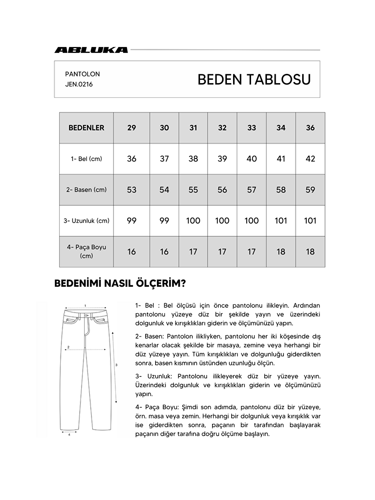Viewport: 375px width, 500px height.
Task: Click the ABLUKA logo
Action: coord(91,50)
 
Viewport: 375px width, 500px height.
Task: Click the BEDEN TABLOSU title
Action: coord(254,79)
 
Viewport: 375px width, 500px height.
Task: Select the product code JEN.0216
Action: coord(79,84)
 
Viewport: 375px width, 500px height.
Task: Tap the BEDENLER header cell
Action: coord(86,128)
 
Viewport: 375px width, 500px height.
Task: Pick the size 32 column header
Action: coord(222,128)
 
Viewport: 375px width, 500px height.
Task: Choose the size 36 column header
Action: coord(310,128)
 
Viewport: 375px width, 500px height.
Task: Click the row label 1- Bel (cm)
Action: coord(86,159)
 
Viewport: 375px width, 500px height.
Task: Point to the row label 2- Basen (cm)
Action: coord(86,190)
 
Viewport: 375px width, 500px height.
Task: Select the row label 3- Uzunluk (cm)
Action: coord(86,221)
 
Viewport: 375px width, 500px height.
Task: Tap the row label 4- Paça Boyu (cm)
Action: coord(86,251)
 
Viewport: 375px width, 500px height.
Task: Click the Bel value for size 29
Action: coord(132,159)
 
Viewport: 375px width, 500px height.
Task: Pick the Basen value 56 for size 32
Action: coord(222,190)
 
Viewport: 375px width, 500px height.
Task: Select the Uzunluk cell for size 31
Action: coord(193,221)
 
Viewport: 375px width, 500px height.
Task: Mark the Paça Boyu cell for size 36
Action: coord(310,252)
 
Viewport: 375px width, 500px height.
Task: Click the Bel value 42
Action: coord(310,159)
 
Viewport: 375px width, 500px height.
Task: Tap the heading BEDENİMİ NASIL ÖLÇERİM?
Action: coord(120,283)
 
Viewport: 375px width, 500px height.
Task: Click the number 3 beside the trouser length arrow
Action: coord(116,365)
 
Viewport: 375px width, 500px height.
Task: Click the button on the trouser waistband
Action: coord(86,315)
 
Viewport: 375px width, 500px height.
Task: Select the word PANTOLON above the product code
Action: coord(82,74)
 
